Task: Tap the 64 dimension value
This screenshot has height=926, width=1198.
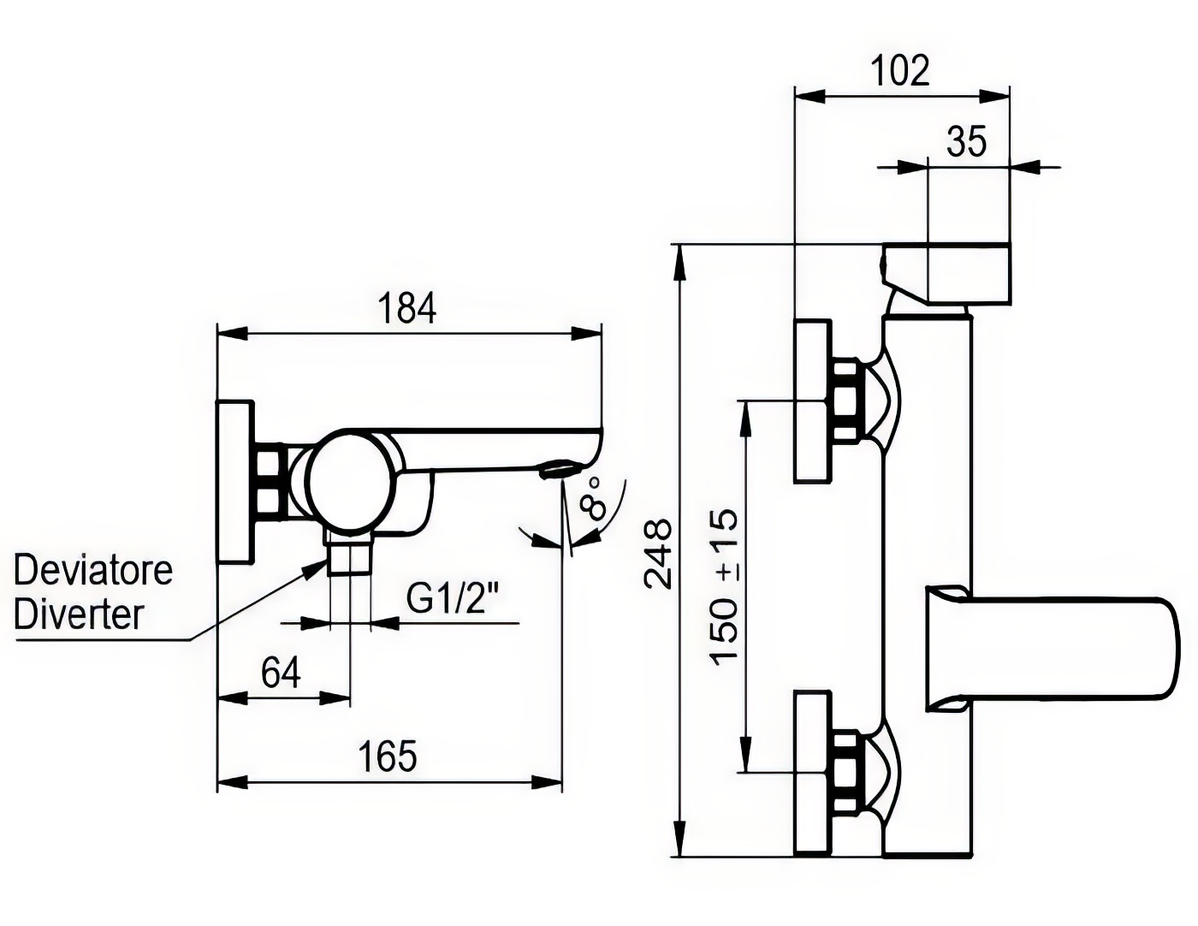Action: pyautogui.click(x=282, y=673)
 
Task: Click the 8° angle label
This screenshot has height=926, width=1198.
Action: pyautogui.click(x=591, y=499)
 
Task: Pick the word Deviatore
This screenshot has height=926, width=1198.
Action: pyautogui.click(x=93, y=571)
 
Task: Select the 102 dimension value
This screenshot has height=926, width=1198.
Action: pyautogui.click(x=900, y=70)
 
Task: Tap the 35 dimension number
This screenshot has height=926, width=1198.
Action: pyautogui.click(x=967, y=142)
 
